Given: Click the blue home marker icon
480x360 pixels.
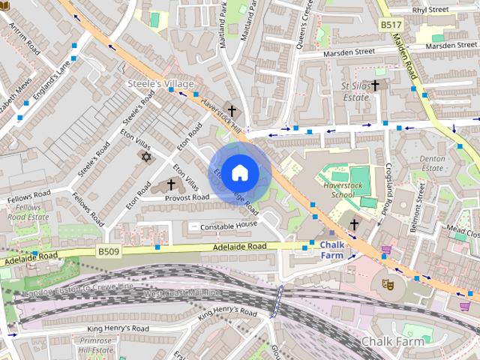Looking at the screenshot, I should pos(239,172).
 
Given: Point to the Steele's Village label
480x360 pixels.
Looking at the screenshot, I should pos(160,83).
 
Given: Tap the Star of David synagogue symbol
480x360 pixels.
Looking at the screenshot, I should pos(145,157).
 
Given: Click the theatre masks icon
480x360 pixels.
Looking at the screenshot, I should pos(387,283).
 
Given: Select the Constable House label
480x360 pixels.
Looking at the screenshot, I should pos(224,226).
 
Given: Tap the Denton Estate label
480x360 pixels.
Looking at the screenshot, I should pos(433,164).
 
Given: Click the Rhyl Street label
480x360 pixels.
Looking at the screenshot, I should pos(429,10).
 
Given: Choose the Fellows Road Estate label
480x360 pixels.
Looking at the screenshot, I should pos(28,212).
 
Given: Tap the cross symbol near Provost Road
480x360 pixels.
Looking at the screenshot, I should pos(171,183).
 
